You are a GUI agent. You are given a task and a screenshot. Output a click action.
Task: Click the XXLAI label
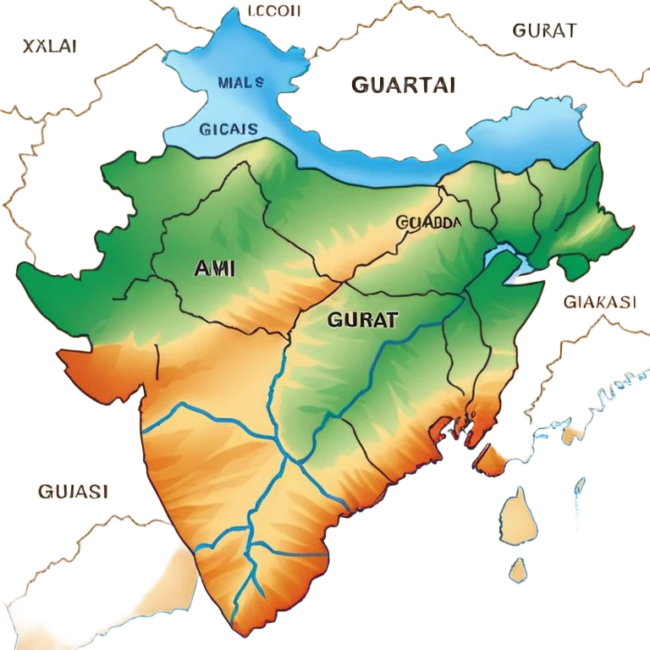44,47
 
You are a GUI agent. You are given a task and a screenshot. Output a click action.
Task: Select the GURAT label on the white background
545,30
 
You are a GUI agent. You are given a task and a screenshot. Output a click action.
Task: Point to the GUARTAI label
402,84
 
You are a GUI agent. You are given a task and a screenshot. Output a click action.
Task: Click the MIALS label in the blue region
240,83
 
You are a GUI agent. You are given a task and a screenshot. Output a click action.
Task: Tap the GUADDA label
428,223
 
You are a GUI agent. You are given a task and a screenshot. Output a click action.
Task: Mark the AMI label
215,268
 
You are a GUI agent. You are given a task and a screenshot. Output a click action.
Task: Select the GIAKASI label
601,302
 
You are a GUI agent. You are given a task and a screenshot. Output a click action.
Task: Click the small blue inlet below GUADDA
506,257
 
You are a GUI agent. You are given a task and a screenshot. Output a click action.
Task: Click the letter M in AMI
215,268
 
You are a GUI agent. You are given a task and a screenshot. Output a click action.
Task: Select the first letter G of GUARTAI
355,85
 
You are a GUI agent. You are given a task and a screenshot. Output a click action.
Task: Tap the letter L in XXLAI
47,47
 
